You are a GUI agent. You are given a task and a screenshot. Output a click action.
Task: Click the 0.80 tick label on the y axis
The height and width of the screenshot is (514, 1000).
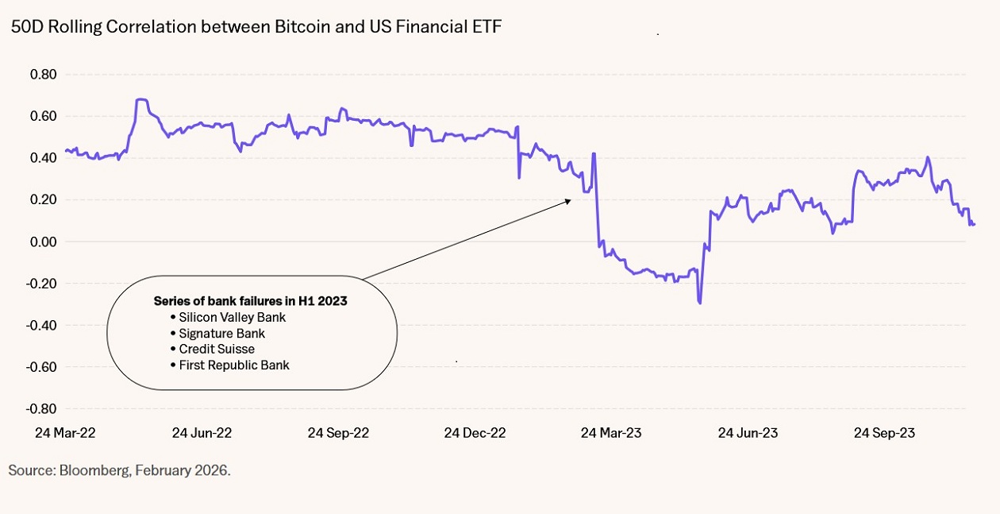[x=44, y=75]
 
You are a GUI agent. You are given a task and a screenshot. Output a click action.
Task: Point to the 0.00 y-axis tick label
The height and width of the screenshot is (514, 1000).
[x=44, y=242]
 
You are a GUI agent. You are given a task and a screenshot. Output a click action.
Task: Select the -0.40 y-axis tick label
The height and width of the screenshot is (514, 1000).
[x=41, y=325]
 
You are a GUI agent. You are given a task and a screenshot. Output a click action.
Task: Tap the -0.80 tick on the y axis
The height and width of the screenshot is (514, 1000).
[x=41, y=408]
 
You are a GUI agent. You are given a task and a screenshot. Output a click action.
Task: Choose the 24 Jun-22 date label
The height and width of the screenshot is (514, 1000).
[x=202, y=433]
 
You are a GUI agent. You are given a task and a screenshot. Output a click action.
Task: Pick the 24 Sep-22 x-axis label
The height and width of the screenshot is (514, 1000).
[x=338, y=433]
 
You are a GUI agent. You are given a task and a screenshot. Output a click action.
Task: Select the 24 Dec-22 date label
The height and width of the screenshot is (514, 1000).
[x=475, y=433]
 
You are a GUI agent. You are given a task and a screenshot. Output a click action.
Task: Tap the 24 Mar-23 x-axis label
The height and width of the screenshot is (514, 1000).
[x=611, y=433]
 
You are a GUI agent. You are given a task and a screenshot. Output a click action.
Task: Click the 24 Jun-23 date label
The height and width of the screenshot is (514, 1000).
[x=748, y=433]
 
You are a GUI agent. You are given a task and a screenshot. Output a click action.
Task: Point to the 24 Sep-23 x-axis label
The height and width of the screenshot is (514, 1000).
[x=884, y=433]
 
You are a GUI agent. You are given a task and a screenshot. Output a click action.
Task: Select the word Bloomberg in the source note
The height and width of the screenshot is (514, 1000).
[x=93, y=470]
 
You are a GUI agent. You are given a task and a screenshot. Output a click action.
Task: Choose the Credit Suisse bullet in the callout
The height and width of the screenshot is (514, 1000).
[x=217, y=349]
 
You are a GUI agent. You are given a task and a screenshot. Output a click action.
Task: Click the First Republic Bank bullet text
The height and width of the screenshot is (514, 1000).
[x=234, y=365]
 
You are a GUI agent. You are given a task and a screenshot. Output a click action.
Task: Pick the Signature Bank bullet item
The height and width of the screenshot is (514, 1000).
[x=221, y=333]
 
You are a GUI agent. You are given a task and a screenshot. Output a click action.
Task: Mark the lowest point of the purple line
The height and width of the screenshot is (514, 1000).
[x=699, y=303]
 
